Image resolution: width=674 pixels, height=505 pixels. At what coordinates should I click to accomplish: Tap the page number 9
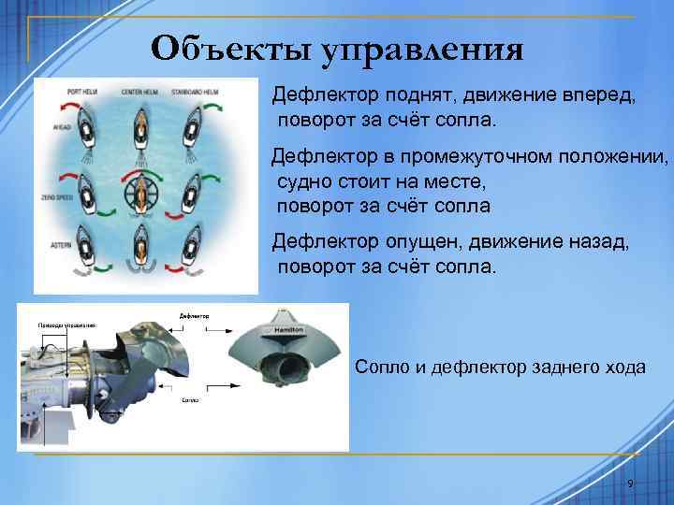tap(630, 483)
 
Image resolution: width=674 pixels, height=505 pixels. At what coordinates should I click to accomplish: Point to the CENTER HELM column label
tap(141, 93)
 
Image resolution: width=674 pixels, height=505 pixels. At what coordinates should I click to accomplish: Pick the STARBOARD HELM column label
tap(196, 93)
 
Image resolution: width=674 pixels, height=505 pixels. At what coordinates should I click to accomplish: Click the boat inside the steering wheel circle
tap(141, 192)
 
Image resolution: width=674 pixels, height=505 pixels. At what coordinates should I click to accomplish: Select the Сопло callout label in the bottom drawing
tap(190, 397)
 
